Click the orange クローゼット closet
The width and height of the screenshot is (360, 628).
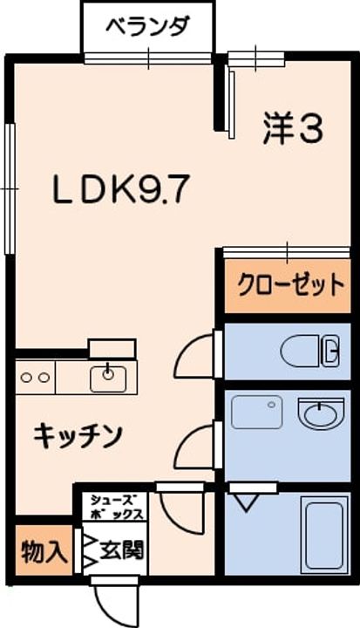coord(287,285)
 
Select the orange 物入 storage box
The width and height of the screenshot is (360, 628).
coord(41,552)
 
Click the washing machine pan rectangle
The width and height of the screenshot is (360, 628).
coord(256,411)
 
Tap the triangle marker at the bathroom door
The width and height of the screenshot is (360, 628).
coord(242,500)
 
